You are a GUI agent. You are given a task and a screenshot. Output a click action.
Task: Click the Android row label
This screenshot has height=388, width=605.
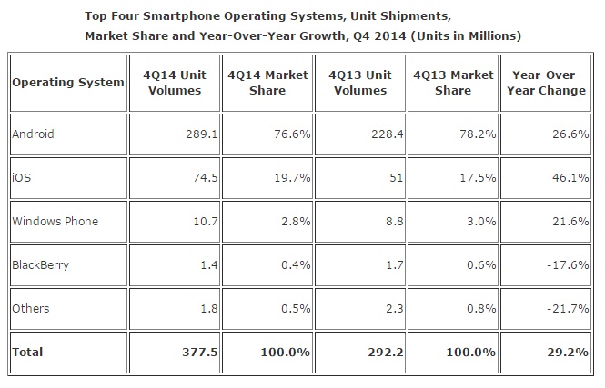(34, 134)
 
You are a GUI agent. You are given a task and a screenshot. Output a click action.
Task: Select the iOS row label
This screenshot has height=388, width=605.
(21, 178)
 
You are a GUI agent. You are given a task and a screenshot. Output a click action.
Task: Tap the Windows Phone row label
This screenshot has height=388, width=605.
(55, 221)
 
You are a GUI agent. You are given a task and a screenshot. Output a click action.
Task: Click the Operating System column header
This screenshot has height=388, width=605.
(68, 83)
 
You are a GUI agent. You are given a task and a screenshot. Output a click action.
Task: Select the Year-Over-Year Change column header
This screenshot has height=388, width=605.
(548, 83)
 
